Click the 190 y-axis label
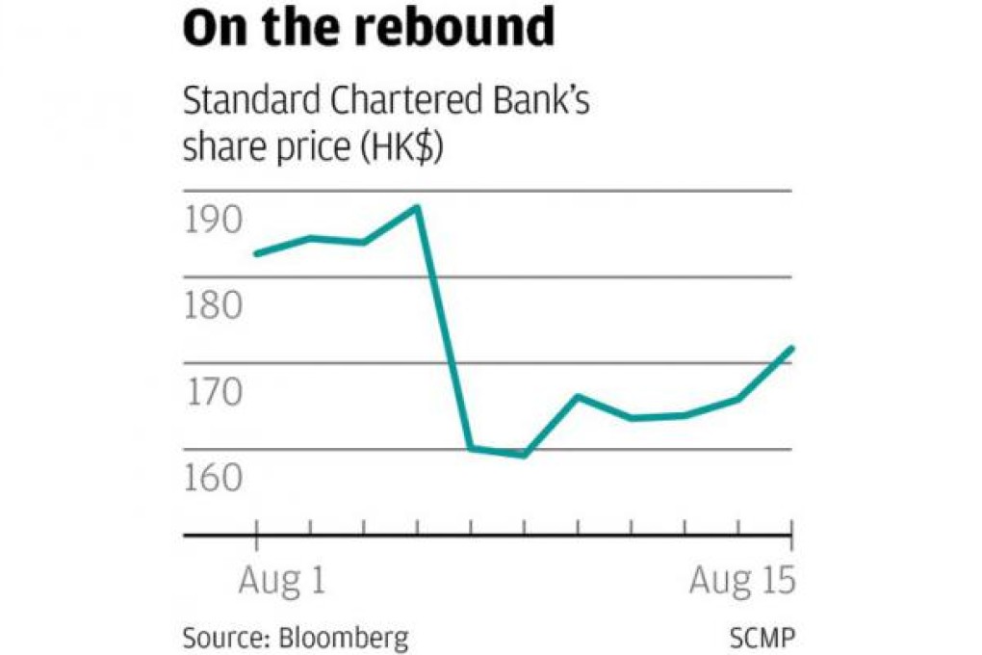pos(212,221)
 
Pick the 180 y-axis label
pos(212,306)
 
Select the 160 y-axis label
pos(212,478)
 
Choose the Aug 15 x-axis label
pos(743,581)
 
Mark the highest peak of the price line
pos(417,206)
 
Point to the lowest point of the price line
pos(524,455)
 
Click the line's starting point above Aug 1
pos(256,253)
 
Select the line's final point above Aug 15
pos(791,348)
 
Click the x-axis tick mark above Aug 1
pos(257,527)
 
